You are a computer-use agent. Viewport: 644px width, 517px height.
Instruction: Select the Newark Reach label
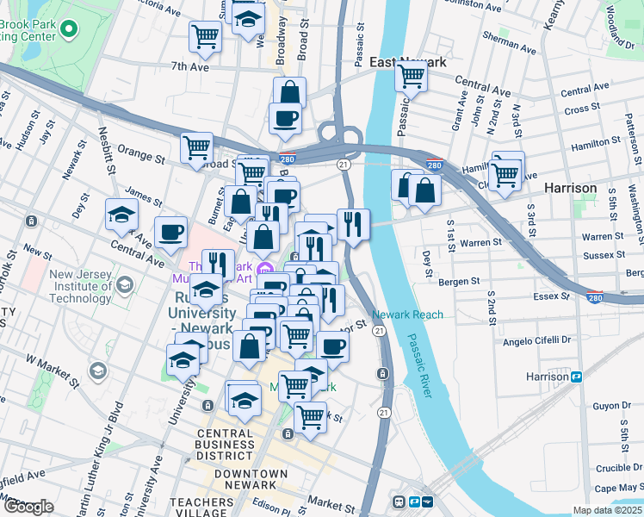tap(408, 315)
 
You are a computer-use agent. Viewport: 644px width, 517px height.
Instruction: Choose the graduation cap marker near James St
tap(121, 214)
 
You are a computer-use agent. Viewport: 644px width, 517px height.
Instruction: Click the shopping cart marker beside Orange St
tap(196, 147)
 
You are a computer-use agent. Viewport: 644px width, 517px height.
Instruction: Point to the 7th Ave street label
tap(189, 66)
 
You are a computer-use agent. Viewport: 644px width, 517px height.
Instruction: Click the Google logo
tap(28, 507)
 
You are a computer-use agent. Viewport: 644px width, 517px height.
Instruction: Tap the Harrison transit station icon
tap(578, 377)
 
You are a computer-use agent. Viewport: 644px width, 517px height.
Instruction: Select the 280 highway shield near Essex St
tap(595, 298)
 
